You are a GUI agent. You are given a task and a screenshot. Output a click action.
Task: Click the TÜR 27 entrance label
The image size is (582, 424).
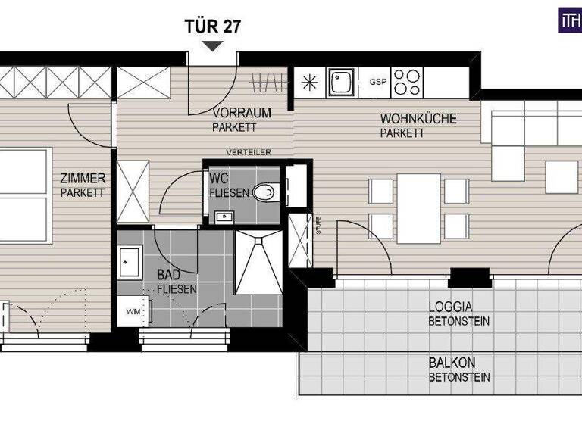click(x=213, y=26)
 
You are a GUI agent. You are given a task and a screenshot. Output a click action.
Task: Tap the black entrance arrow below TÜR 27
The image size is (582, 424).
click(x=213, y=45)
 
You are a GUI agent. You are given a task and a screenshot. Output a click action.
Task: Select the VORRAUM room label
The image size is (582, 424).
click(x=242, y=113)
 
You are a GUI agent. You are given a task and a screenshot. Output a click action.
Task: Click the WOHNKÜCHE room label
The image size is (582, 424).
click(x=412, y=119)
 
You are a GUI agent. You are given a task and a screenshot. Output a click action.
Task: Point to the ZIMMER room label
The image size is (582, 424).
click(x=83, y=179)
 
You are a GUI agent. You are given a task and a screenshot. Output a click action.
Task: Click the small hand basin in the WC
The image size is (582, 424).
click(x=223, y=218)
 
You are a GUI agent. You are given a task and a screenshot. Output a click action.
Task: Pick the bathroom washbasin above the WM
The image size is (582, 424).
click(x=130, y=261)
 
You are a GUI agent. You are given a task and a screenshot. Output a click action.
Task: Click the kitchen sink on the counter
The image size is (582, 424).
click(x=343, y=83)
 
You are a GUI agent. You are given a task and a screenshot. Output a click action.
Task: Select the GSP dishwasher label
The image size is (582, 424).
click(x=377, y=82)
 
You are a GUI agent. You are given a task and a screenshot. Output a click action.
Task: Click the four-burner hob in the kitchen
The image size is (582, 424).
click(x=408, y=82)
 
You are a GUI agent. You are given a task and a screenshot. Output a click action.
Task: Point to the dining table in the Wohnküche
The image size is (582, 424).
click(x=418, y=208)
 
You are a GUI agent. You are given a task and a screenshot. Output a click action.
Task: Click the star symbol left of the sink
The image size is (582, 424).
click(x=309, y=83)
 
